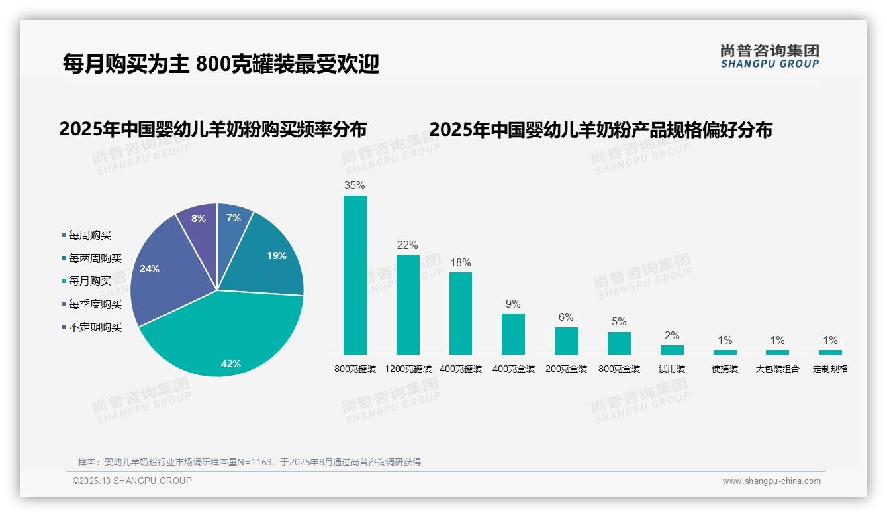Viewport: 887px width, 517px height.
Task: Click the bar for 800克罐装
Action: coord(355,275)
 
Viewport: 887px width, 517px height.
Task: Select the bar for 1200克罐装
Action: coord(408,304)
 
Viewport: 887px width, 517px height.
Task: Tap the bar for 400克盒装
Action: coord(513,333)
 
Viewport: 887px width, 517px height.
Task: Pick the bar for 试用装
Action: coord(672,349)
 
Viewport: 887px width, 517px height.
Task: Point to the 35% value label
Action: coord(355,185)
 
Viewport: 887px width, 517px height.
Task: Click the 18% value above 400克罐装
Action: coord(461,262)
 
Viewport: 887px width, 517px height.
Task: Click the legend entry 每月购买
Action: coord(89,281)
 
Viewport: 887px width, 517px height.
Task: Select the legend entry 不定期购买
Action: coord(95,327)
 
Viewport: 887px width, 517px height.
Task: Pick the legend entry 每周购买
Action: coord(89,235)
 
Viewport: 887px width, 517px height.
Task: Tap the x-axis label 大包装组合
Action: coord(777,369)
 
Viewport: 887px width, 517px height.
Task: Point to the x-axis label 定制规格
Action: coord(830,369)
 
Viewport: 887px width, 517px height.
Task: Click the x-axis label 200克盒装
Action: coord(566,369)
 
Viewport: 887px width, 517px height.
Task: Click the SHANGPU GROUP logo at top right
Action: coord(769,56)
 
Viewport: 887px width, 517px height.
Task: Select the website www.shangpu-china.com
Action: coord(771,481)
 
